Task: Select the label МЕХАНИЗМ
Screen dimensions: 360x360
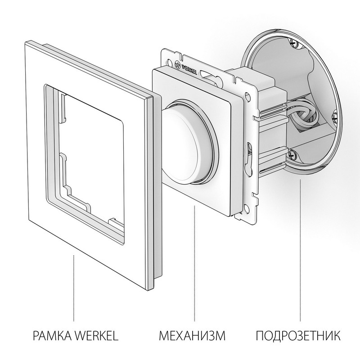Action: (192, 336)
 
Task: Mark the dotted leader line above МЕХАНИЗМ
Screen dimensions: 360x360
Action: (194, 261)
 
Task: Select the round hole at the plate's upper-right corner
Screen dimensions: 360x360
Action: (247, 95)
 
